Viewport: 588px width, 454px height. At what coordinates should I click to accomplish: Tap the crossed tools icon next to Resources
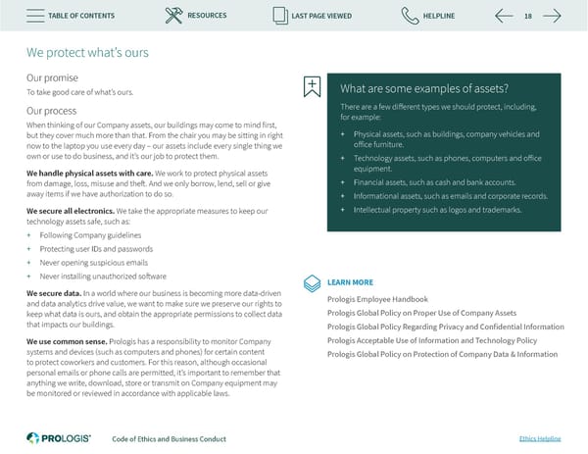(x=174, y=16)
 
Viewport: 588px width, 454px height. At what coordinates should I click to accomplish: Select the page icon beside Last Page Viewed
(x=282, y=16)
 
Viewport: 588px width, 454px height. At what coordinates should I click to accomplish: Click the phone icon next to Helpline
(x=411, y=16)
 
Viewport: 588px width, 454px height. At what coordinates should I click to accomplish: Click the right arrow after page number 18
(x=552, y=16)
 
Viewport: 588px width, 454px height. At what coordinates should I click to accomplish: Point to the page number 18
(x=528, y=16)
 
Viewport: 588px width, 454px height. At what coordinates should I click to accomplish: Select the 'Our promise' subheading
(x=53, y=77)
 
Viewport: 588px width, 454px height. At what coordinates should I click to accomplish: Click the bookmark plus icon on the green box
(x=312, y=86)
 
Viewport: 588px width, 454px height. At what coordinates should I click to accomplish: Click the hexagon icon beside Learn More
(x=312, y=281)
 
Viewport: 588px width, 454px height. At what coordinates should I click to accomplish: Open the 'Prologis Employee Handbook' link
(x=377, y=299)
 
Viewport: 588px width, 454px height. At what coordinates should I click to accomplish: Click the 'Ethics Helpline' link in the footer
(x=538, y=438)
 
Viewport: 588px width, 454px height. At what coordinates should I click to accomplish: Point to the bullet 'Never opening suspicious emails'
(x=94, y=263)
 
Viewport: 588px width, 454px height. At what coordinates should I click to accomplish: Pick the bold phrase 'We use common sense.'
(x=66, y=340)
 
